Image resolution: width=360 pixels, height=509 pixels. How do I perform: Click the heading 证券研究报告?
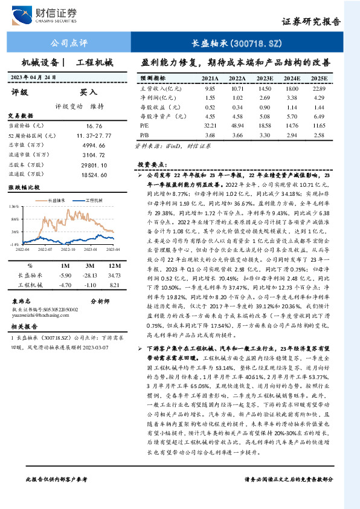click(312, 21)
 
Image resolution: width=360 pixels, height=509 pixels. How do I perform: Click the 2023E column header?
click(265, 79)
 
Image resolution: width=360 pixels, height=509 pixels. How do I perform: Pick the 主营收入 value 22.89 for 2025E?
click(319, 88)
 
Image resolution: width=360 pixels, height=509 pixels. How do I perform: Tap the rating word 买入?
click(89, 92)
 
